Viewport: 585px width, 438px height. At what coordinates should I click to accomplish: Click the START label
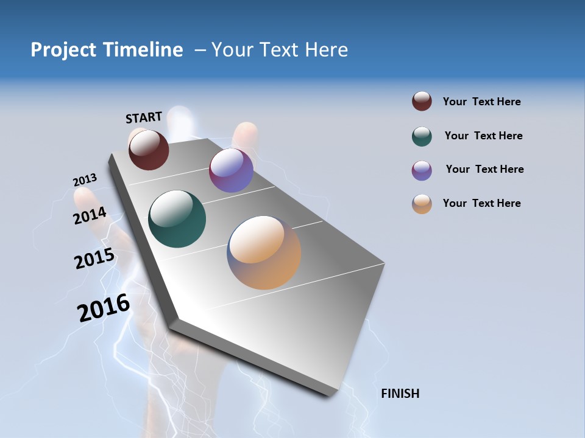tap(144, 117)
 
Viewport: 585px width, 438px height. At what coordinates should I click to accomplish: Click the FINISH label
tap(400, 394)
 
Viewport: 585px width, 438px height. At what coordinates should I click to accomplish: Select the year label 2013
tap(85, 180)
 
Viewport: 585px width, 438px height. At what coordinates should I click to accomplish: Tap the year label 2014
tap(90, 216)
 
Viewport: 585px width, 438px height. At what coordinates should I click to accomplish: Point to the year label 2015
tap(94, 259)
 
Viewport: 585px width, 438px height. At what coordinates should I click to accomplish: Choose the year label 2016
tap(104, 308)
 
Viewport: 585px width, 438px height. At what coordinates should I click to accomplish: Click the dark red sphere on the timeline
tap(149, 150)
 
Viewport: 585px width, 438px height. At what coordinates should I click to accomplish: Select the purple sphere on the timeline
tap(231, 170)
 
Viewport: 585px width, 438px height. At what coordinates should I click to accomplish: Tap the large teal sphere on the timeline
tap(177, 219)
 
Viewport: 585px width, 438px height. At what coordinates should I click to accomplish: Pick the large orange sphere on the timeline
tap(264, 252)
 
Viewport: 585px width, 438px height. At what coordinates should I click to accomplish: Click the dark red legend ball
tap(422, 101)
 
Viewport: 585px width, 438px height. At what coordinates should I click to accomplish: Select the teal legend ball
tap(422, 136)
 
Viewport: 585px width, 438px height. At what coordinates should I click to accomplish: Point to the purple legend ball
tap(422, 170)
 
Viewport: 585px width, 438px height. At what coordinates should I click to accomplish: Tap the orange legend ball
tap(422, 204)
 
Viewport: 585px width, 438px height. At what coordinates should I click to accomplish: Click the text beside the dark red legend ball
tap(481, 102)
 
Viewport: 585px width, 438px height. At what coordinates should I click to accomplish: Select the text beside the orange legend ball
tap(481, 203)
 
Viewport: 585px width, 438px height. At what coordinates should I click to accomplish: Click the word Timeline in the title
tap(143, 50)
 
